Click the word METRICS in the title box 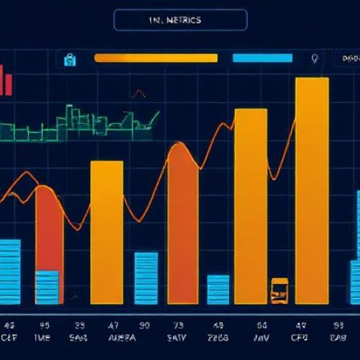pos(186,20)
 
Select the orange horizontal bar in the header pos(156,58)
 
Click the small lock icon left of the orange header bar pos(70,58)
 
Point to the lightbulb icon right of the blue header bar pos(313,59)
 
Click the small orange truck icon pos(279,290)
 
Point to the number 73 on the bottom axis pos(178,324)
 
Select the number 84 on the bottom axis pos(262,324)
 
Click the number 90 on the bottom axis pos(144,324)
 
